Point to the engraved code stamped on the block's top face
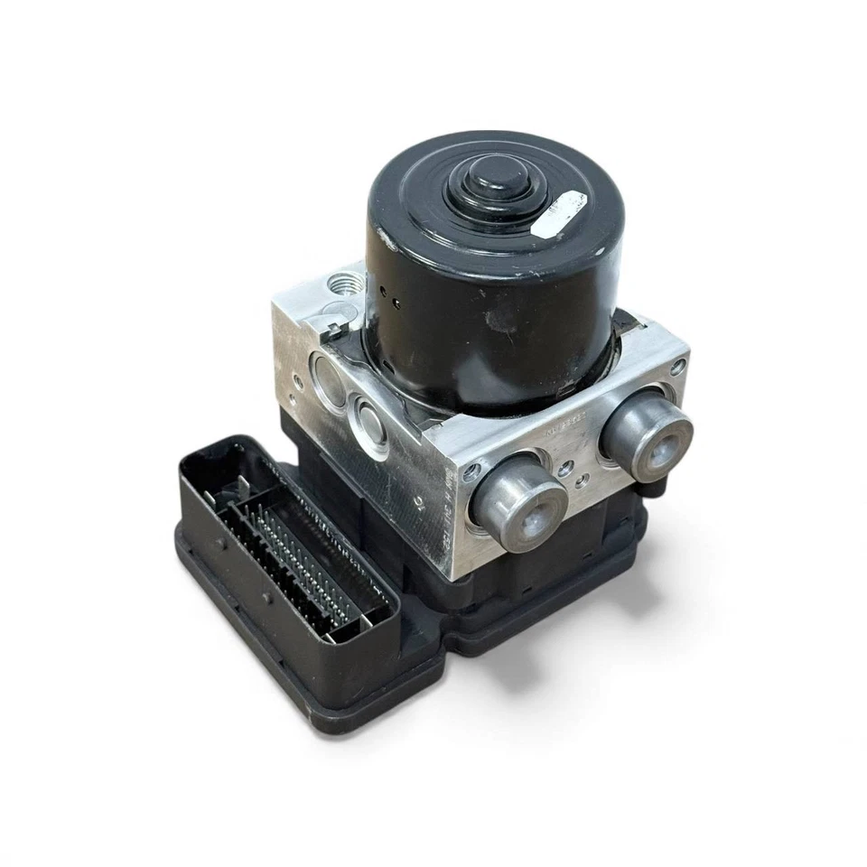(x=564, y=431)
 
